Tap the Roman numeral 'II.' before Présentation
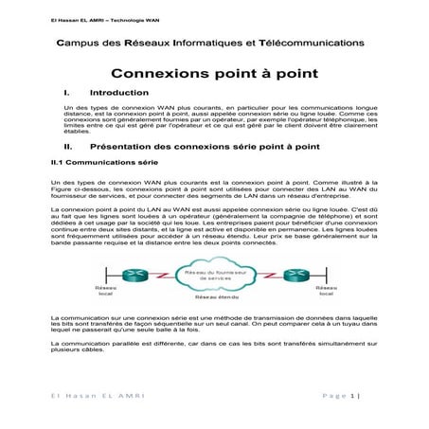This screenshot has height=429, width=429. (x=67, y=148)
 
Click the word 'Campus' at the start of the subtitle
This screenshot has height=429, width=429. (x=80, y=43)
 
